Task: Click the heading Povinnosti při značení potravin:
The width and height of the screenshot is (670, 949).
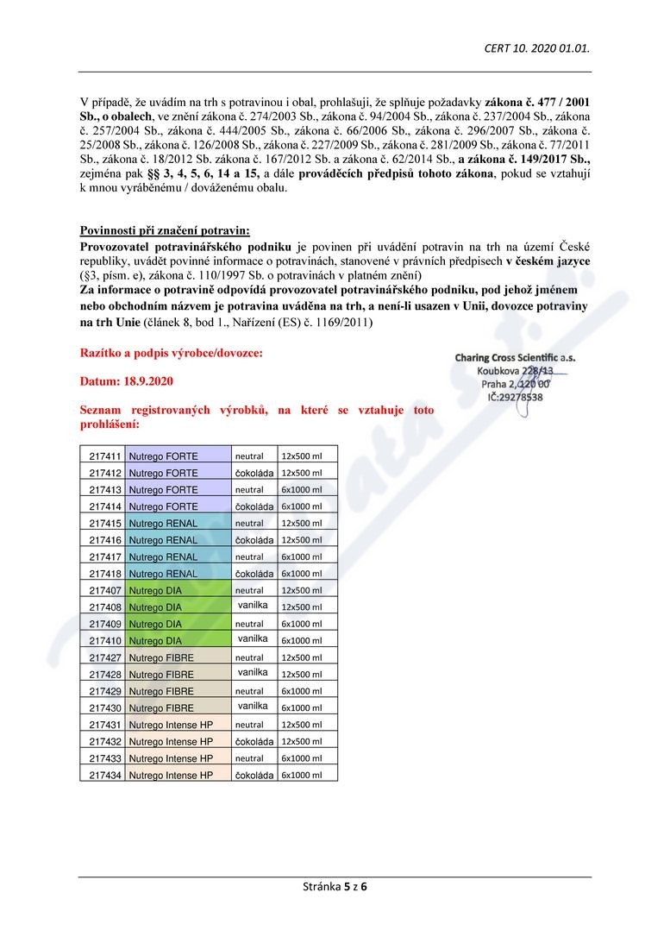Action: tap(165, 230)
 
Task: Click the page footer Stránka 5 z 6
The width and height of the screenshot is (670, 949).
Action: tap(335, 886)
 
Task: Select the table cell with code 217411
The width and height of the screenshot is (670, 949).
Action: tap(104, 456)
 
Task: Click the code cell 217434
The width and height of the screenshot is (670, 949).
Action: tap(104, 776)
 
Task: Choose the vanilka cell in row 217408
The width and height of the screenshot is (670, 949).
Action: tap(253, 606)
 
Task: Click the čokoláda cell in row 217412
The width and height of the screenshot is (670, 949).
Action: tap(254, 473)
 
